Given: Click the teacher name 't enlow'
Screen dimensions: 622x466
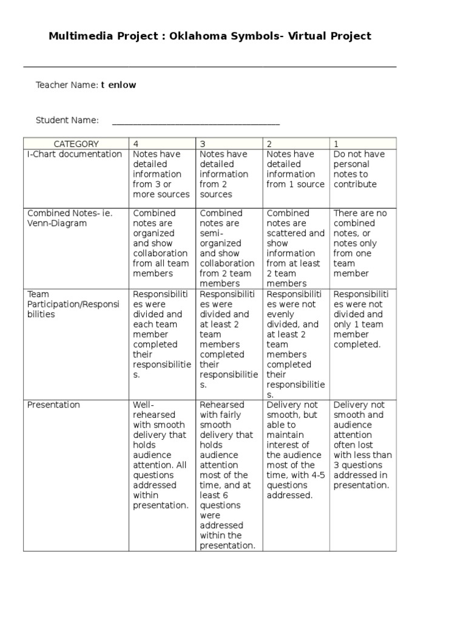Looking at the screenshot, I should pyautogui.click(x=118, y=85).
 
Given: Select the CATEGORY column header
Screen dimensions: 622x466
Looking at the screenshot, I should pyautogui.click(x=76, y=144).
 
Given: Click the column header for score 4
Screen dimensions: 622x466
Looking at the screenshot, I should pyautogui.click(x=136, y=144).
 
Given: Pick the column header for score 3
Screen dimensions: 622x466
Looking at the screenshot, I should pyautogui.click(x=203, y=144).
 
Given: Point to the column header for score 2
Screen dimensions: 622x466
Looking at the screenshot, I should pyautogui.click(x=269, y=144).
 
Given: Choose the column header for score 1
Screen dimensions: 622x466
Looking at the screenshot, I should pyautogui.click(x=336, y=144).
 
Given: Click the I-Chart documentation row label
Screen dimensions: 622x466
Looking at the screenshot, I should pyautogui.click(x=75, y=154).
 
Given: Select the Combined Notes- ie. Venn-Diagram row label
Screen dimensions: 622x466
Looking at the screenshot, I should pyautogui.click(x=70, y=218).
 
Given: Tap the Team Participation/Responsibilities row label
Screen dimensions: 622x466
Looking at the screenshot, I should pyautogui.click(x=74, y=304).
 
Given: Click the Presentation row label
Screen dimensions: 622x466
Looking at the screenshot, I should pyautogui.click(x=53, y=405).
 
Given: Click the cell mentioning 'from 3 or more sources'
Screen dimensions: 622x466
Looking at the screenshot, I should pyautogui.click(x=161, y=174).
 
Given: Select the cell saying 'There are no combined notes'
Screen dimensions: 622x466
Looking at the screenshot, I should pyautogui.click(x=362, y=244).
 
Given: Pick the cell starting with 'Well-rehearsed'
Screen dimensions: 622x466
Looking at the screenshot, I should pyautogui.click(x=161, y=455).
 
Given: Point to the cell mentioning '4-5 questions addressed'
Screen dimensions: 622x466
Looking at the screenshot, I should pyautogui.click(x=295, y=450).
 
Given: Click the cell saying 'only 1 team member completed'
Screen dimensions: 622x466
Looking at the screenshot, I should pyautogui.click(x=362, y=320).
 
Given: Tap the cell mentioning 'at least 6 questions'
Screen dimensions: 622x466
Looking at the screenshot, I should pyautogui.click(x=228, y=475).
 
